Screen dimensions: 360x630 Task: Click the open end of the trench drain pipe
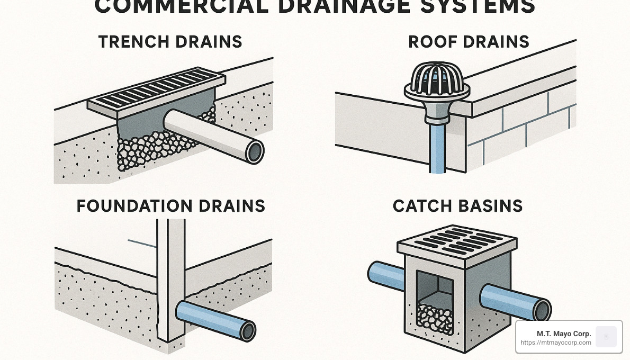pos(255,152)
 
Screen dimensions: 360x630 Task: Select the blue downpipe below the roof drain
pos(437,148)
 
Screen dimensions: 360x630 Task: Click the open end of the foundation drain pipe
pos(247,331)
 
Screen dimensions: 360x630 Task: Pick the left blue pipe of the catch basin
pos(385,274)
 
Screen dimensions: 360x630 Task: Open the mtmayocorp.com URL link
pos(556,343)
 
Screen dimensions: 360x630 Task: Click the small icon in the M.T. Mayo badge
pos(606,337)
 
